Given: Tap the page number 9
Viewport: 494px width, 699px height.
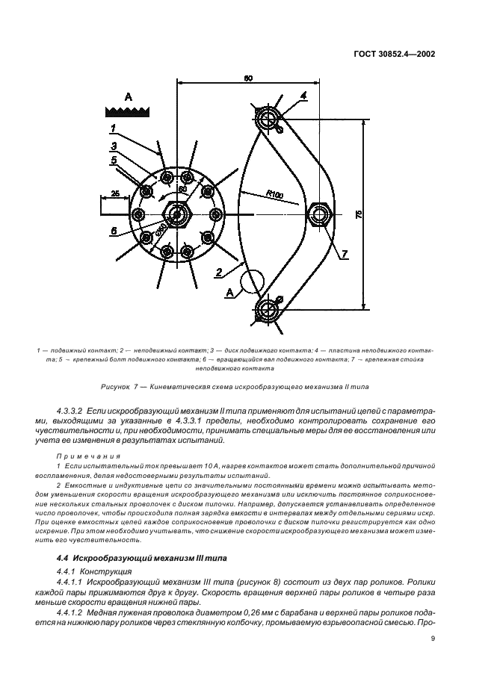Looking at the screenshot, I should [x=433, y=639].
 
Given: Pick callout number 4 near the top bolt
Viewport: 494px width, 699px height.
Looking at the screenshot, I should [x=303, y=95].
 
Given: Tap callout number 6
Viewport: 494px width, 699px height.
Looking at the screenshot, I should [x=114, y=231].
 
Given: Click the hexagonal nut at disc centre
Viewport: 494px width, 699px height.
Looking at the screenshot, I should [x=176, y=215].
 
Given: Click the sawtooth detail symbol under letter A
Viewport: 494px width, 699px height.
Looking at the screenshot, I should [x=127, y=111].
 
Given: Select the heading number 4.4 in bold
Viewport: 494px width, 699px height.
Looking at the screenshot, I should [x=64, y=559].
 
